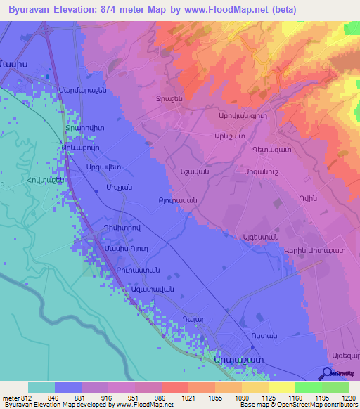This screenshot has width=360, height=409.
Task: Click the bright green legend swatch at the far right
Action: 335,387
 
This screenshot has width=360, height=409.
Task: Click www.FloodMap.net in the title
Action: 232,9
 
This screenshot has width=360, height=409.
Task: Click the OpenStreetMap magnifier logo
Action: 328,374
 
